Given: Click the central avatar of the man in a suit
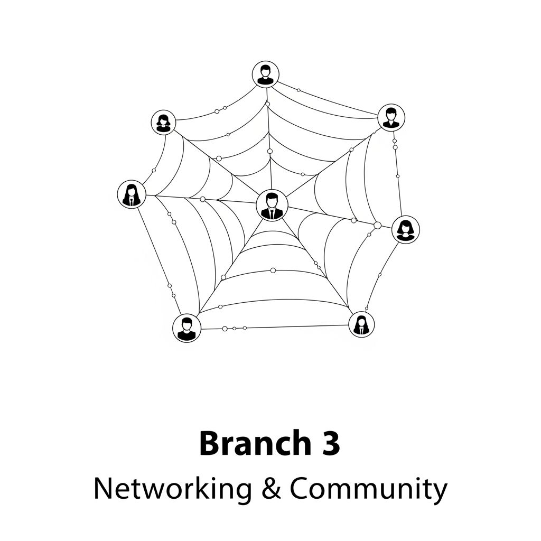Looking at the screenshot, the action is [272, 206].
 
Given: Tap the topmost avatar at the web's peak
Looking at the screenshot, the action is [265, 74].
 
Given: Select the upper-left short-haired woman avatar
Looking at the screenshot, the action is [163, 122].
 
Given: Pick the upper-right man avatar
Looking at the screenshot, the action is [391, 117].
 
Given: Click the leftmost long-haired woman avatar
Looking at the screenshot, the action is [132, 194].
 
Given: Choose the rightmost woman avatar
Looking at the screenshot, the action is [406, 230].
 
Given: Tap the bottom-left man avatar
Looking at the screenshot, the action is [186, 328].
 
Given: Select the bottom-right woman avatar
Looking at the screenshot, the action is [361, 324].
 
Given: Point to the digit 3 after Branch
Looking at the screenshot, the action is [331, 444].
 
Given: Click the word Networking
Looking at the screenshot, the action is [173, 489].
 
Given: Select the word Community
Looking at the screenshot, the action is [368, 490].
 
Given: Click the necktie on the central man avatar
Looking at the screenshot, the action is [272, 214].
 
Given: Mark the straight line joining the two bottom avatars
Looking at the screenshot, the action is [275, 327].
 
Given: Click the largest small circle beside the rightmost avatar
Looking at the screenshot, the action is [377, 225].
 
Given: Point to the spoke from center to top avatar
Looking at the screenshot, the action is [269, 139].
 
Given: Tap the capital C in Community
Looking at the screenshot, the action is [300, 489].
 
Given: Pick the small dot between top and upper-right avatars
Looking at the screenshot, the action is [299, 90].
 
